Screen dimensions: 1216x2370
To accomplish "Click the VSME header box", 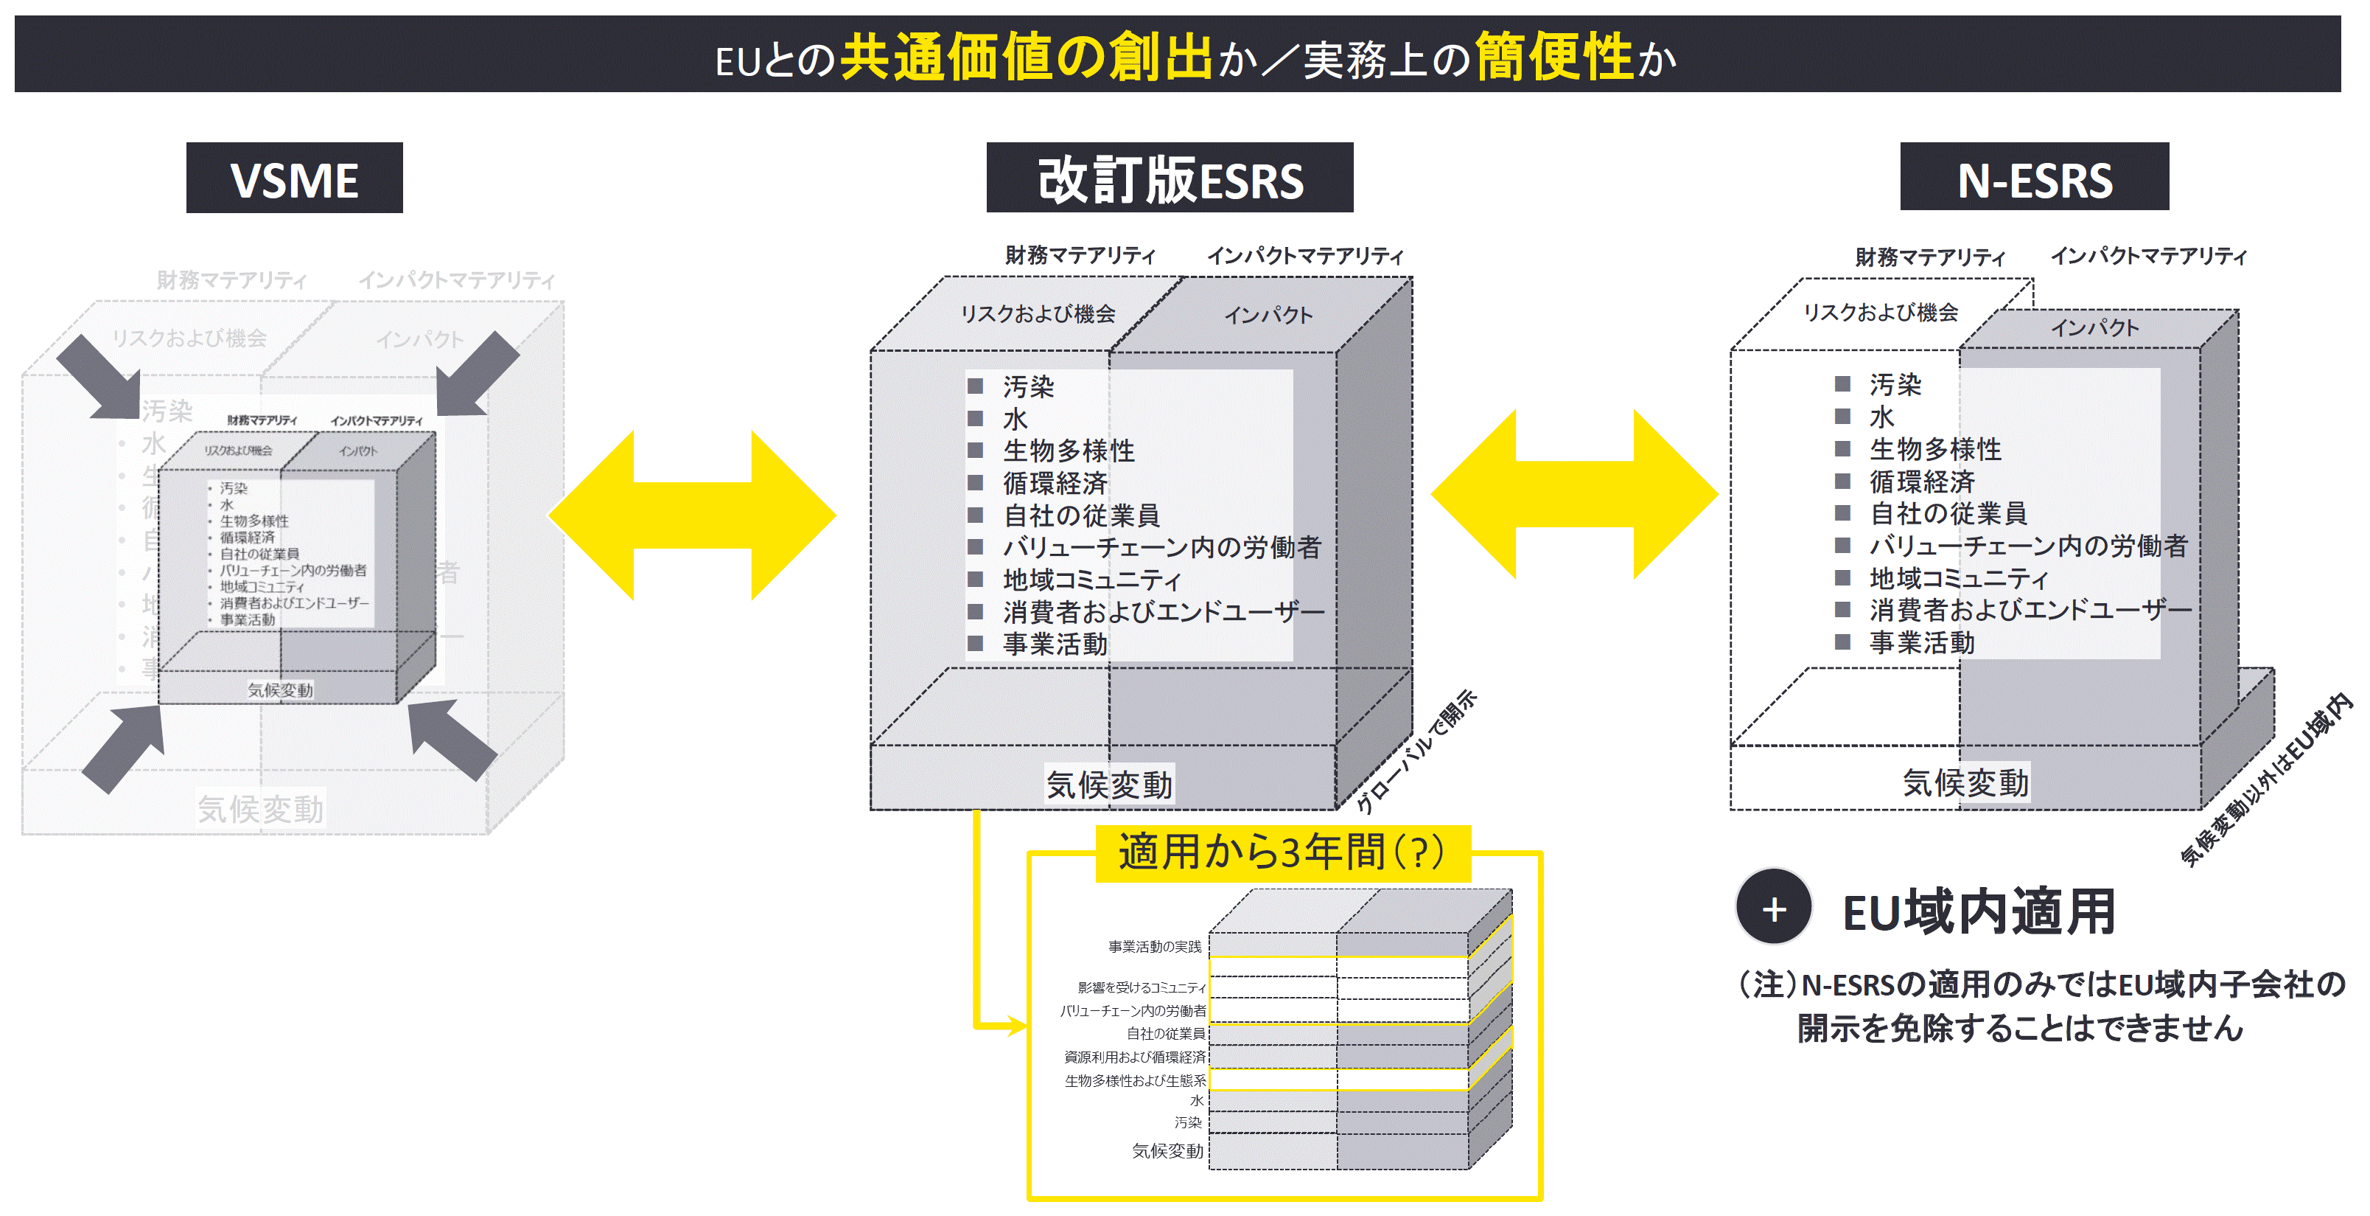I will pos(295,178).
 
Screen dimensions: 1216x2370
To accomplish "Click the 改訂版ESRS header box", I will pos(1170,178).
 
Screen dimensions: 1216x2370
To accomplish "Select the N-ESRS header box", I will pos(2033,178).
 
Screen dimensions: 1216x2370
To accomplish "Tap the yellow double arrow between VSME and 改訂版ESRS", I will pos(692,515).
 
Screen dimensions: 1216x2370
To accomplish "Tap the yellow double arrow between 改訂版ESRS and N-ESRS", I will pos(1574,494).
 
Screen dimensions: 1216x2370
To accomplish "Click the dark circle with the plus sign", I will pos(1773,908).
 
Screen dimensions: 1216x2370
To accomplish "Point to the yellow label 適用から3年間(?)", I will pos(1282,852).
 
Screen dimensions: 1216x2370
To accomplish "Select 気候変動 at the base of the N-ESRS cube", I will pos(1965,782).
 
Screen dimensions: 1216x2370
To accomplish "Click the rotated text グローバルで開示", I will pos(1417,751).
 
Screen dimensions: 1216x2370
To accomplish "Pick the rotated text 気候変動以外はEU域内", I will pos(2266,779).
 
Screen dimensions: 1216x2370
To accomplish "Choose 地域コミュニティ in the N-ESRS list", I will pos(1958,578).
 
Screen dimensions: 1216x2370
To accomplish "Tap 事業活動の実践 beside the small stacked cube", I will pos(1154,946).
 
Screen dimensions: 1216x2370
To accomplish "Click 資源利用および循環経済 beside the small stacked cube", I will pos(1134,1057).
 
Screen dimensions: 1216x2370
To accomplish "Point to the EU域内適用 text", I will pos(1978,911).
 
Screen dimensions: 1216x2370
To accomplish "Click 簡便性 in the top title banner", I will pos(1553,57).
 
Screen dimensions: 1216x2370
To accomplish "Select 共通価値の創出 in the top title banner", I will pos(1026,57).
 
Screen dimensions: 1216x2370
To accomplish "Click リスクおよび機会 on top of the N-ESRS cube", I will pos(1880,313).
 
